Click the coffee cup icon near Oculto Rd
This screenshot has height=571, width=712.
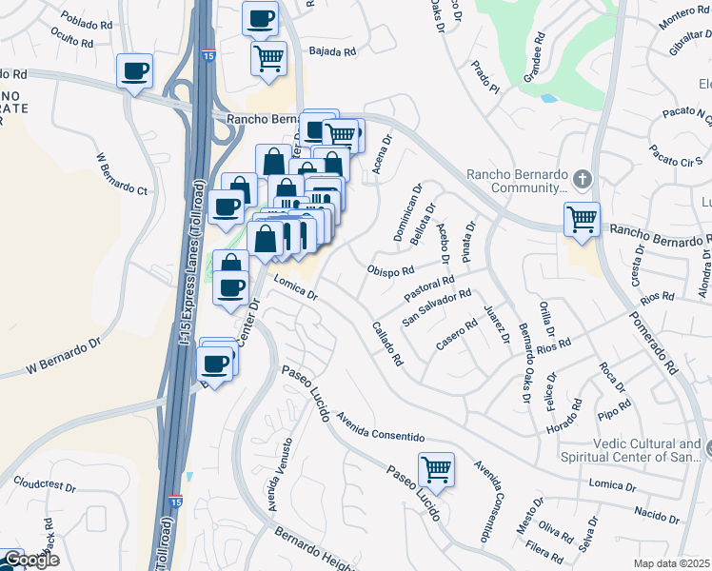click(135, 70)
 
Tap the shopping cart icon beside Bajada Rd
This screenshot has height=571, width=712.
click(268, 57)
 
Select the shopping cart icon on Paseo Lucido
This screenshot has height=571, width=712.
click(435, 468)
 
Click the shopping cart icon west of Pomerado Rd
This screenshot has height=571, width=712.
click(581, 218)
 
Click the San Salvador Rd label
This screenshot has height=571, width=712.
click(437, 307)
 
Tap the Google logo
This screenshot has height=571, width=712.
click(31, 560)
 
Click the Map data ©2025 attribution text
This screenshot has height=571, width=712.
click(672, 563)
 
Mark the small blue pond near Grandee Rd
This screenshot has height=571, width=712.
click(547, 97)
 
